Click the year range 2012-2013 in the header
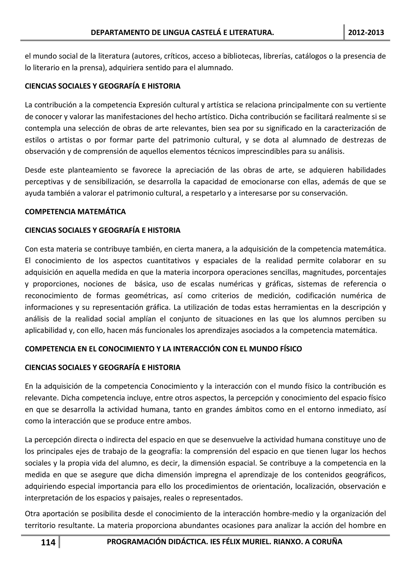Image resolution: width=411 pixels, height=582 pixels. tap(366, 33)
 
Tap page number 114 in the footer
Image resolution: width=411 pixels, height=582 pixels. tap(48, 542)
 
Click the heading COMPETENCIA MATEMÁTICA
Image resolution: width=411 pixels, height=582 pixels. tap(75, 212)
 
